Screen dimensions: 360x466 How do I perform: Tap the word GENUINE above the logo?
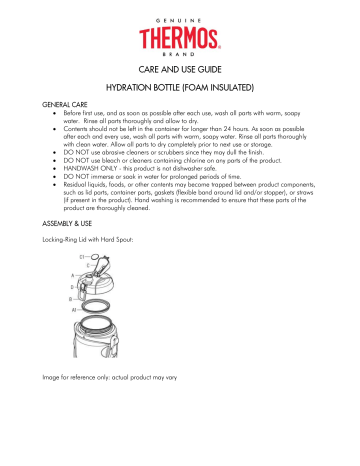[x=180, y=10]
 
